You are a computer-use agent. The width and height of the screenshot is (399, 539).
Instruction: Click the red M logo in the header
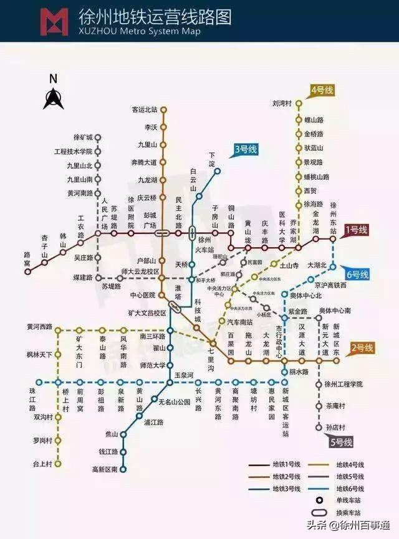[x=54, y=21]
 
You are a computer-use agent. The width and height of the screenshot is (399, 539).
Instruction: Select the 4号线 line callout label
[x=322, y=91]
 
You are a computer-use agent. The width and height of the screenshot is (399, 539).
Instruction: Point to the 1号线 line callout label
[x=356, y=230]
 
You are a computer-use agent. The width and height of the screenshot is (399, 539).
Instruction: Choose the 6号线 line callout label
[x=357, y=274]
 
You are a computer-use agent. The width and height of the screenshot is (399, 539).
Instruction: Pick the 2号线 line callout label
[x=362, y=349]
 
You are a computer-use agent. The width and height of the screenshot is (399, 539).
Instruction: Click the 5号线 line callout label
[x=341, y=443]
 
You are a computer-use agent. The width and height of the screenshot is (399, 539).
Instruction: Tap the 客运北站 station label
[x=144, y=110]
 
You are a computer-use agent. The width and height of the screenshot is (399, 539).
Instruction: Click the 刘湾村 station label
[x=282, y=103]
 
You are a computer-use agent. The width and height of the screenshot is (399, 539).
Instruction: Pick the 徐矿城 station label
[x=82, y=137]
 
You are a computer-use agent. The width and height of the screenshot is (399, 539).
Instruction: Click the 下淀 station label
[x=212, y=159]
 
